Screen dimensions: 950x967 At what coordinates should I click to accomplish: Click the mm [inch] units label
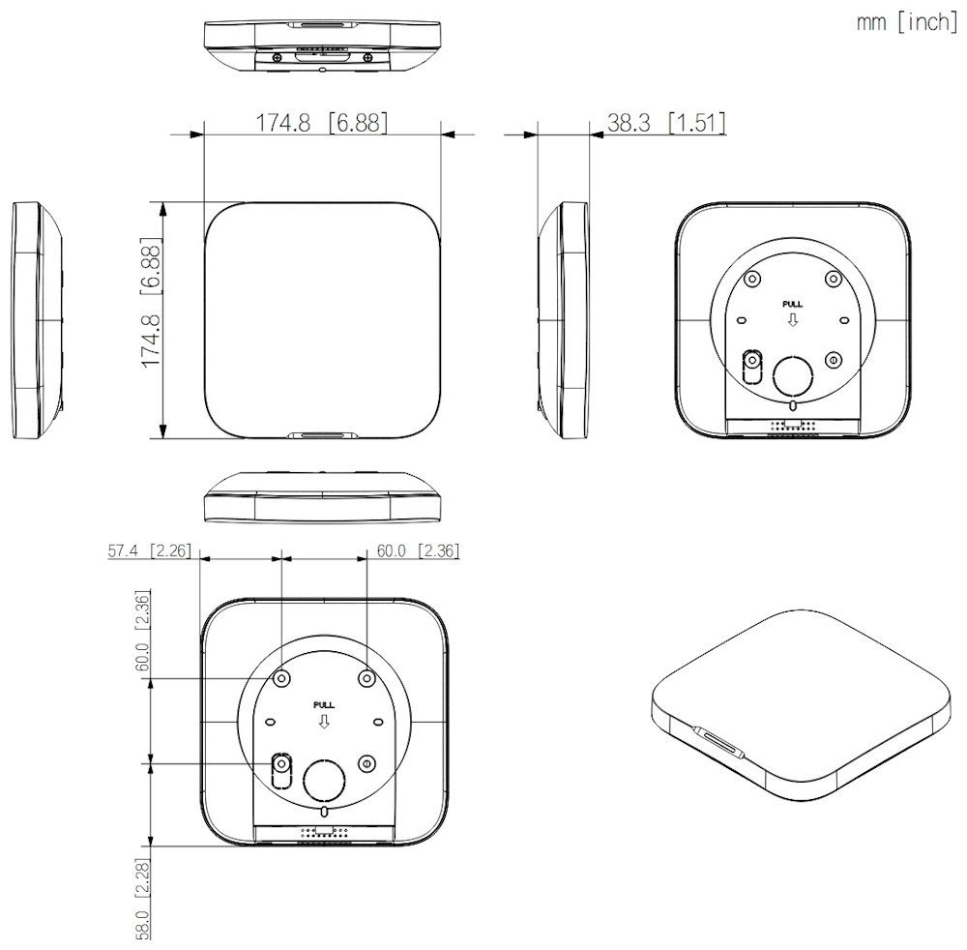(906, 23)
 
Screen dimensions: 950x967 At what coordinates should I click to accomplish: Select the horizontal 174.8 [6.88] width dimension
(321, 123)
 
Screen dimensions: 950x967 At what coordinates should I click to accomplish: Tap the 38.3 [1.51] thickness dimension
(666, 123)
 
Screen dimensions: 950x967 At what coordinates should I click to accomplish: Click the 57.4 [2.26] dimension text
(147, 551)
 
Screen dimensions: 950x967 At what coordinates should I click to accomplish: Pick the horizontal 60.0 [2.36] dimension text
(417, 551)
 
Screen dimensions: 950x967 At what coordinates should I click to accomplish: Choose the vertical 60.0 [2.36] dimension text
(142, 632)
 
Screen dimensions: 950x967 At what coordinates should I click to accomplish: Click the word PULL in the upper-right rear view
(792, 304)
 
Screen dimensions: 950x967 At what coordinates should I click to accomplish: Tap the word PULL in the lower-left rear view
(323, 704)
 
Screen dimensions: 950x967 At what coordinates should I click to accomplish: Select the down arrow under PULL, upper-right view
(792, 319)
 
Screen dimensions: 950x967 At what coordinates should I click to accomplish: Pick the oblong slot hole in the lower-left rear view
(281, 770)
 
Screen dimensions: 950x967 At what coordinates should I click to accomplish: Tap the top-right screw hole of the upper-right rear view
(834, 279)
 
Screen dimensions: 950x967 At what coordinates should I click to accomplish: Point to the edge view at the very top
(321, 43)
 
